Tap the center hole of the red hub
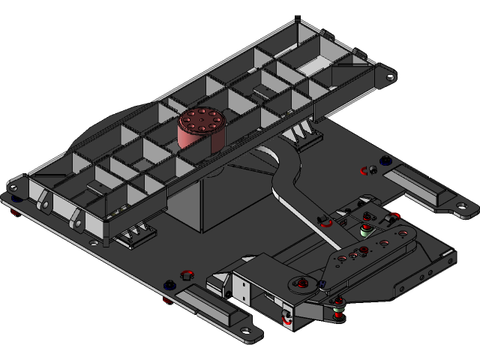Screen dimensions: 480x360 click(x=201, y=120)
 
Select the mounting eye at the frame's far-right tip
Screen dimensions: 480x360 click(x=390, y=76)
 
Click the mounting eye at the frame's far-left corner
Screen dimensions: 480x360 click(x=13, y=185)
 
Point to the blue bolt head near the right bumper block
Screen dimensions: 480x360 click(x=385, y=160)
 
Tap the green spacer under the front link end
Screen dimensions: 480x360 click(x=337, y=310)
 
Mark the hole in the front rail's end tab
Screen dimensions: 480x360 click(x=244, y=329)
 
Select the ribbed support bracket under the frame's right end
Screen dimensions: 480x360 click(x=304, y=135)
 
